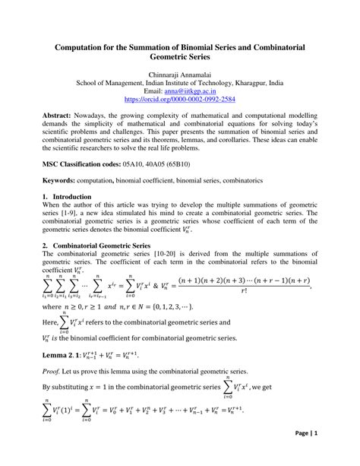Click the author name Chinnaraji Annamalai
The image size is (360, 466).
(179, 75)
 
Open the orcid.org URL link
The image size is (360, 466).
(179, 99)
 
